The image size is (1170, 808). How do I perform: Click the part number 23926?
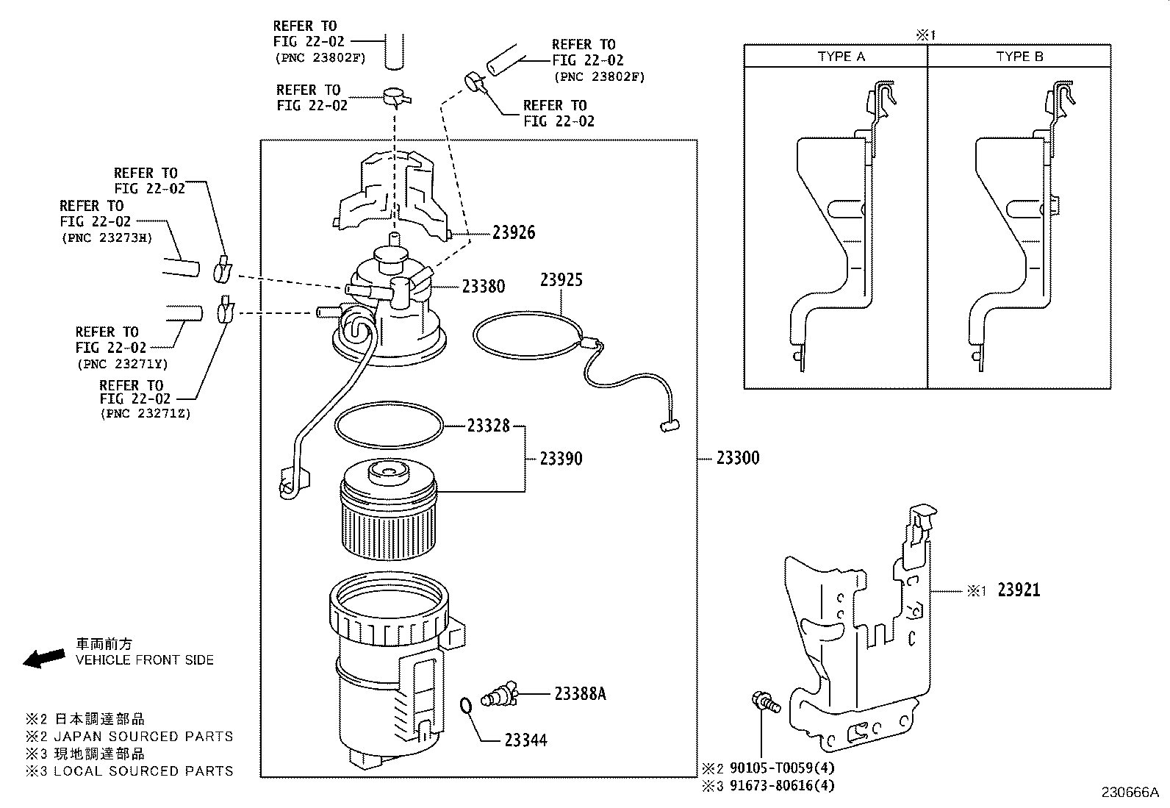pos(513,232)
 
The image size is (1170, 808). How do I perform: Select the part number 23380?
pos(483,286)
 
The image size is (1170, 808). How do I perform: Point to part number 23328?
pos(488,426)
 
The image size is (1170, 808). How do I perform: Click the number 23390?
pos(561,458)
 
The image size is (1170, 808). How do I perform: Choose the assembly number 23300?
pos(737,458)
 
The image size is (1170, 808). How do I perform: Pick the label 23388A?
pos(580,693)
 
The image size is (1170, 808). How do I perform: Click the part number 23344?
pos(525,740)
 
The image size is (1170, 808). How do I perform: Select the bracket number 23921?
pos(1019,590)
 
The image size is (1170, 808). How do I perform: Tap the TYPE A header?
pos(841,57)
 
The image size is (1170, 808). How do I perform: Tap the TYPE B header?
pos(1019,57)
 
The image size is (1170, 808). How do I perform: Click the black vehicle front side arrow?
pos(44,657)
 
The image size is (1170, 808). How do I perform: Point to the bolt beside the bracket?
pos(763,702)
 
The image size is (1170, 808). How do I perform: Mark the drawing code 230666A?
pos(1129,793)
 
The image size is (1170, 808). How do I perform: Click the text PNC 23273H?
pos(106,237)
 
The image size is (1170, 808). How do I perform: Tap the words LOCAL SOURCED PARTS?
pos(143,771)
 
